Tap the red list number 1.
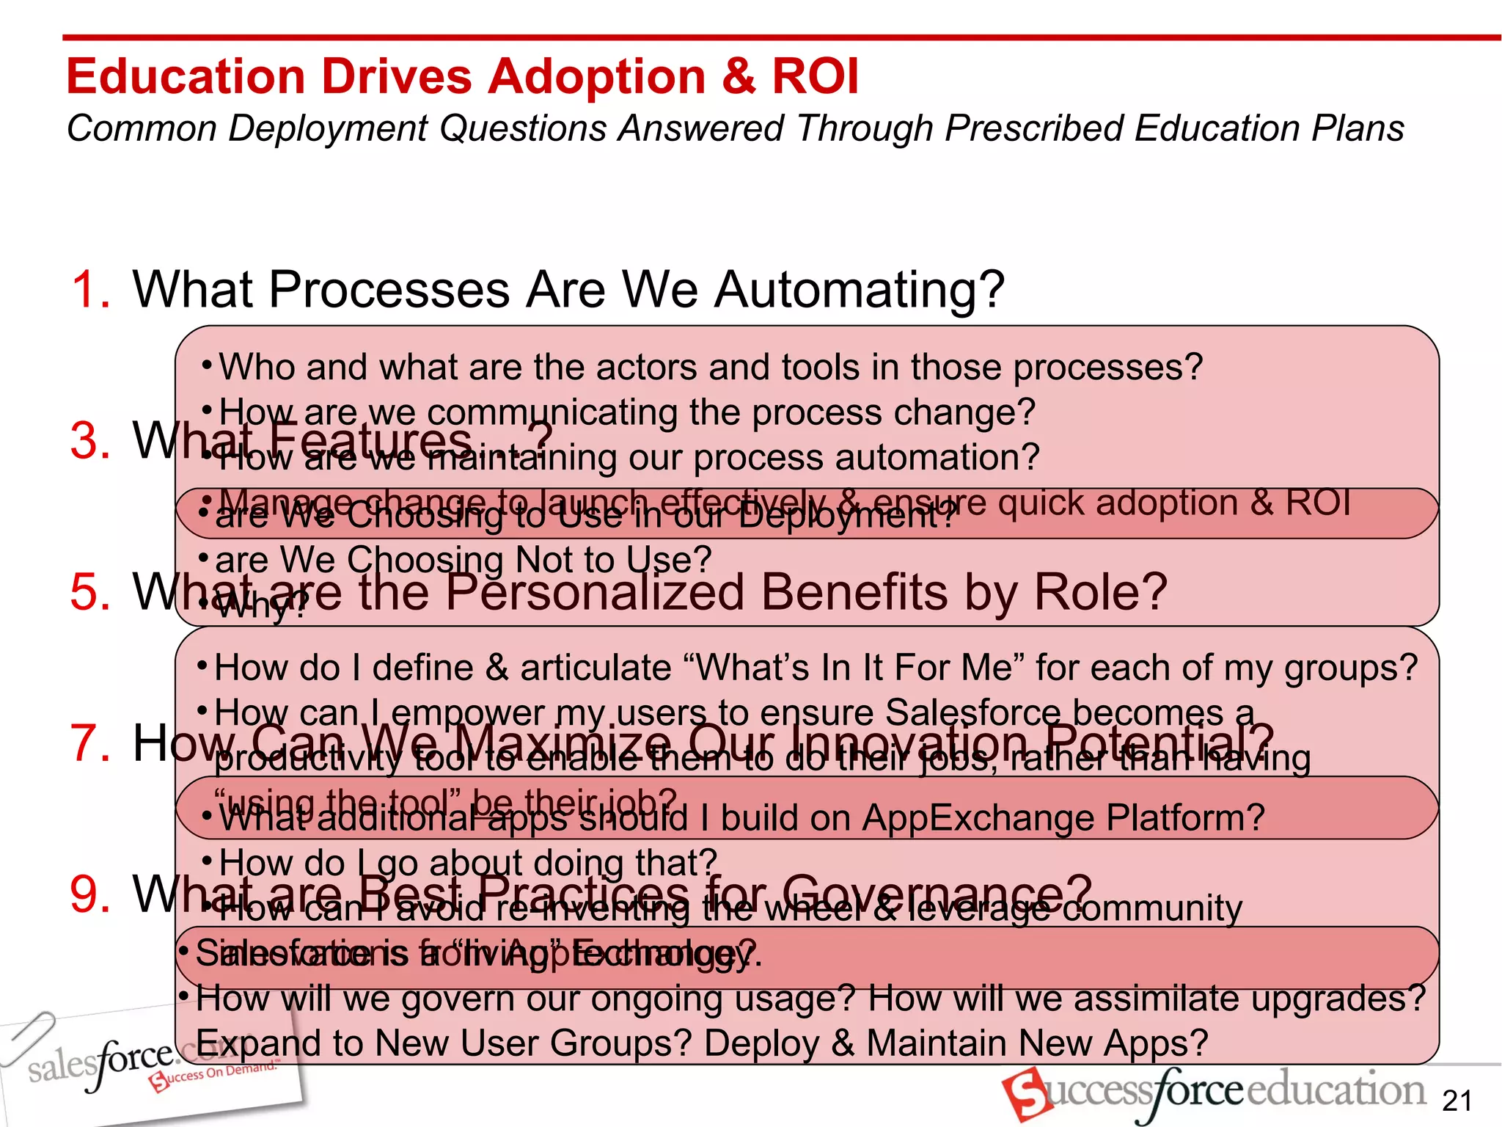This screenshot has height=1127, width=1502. point(90,289)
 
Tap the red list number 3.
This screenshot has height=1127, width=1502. point(90,441)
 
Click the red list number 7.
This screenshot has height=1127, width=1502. point(90,743)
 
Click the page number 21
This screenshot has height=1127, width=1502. point(1457,1101)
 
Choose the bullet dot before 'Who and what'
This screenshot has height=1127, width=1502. point(208,365)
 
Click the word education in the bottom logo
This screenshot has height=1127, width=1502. point(1335,1090)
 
